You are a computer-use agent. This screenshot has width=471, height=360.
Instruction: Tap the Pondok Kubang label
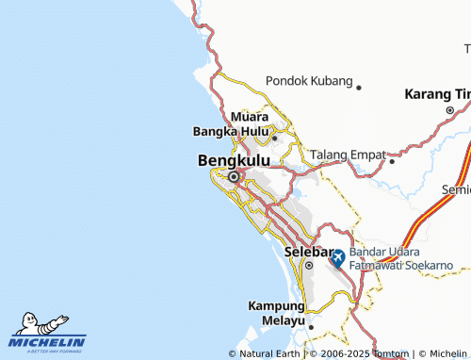[x=310, y=81]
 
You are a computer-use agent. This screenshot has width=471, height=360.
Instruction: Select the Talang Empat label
[x=347, y=154]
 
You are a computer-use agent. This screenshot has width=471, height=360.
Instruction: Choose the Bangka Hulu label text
[x=231, y=131]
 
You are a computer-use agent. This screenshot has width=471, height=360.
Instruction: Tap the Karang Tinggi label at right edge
[x=437, y=94]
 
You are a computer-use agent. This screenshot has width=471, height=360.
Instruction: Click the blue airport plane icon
[x=337, y=256]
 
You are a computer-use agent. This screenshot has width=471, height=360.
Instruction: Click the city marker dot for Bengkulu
[x=234, y=176]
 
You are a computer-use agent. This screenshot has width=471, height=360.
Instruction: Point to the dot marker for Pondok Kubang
[x=359, y=88]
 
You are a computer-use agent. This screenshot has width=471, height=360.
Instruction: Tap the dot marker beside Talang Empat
[x=391, y=160]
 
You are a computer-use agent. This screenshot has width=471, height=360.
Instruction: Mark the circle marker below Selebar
[x=308, y=266]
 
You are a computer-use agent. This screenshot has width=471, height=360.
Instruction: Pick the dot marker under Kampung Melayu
[x=310, y=327]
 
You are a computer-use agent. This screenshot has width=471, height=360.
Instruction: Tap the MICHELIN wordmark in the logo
[x=48, y=342]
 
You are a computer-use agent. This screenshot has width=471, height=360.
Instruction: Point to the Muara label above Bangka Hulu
[x=251, y=117]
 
